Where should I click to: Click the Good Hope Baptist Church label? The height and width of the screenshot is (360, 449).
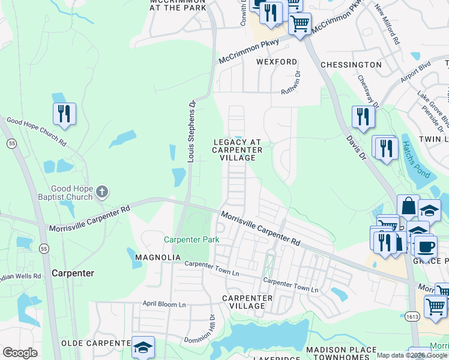(x=71, y=193)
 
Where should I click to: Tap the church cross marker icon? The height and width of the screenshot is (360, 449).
(x=103, y=192)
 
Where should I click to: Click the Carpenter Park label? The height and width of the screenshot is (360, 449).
(x=192, y=239)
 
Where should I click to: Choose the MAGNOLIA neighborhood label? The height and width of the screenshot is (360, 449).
(x=158, y=257)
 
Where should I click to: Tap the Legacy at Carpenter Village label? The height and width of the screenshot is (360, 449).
(x=238, y=150)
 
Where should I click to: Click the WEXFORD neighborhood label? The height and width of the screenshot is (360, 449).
(x=277, y=62)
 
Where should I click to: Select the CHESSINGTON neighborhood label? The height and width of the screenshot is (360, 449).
(x=351, y=64)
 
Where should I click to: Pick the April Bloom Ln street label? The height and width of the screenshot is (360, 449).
(x=164, y=304)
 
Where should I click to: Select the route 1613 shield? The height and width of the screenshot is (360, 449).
(x=414, y=316)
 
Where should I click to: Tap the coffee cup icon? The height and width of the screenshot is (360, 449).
(x=426, y=246)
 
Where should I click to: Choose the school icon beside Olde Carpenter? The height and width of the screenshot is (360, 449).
(x=143, y=347)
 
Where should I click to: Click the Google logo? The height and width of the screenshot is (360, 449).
(x=20, y=353)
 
